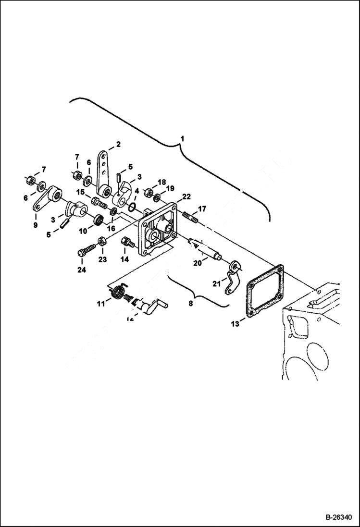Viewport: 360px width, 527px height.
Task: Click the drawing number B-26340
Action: point(338,518)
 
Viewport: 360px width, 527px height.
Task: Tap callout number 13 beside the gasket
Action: point(234,324)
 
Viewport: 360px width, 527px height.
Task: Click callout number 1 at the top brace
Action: point(182,139)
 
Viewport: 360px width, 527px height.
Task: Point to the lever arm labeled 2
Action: point(103,173)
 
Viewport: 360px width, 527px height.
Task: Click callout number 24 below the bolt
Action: point(82,270)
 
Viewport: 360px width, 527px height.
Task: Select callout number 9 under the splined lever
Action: point(35,225)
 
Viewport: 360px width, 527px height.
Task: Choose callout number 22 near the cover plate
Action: point(186,197)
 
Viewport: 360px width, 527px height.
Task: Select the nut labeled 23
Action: point(102,241)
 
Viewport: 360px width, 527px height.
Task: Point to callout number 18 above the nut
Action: point(161,182)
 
